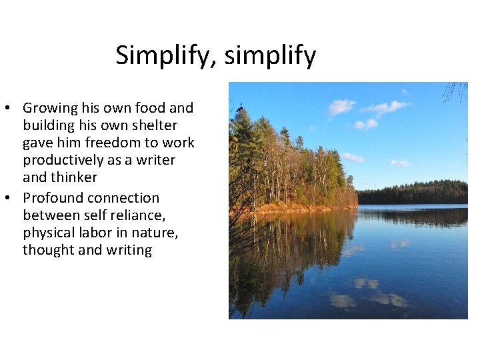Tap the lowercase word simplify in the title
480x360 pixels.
click(270, 55)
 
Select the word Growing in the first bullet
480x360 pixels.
click(50, 108)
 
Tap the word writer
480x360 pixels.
click(155, 160)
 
